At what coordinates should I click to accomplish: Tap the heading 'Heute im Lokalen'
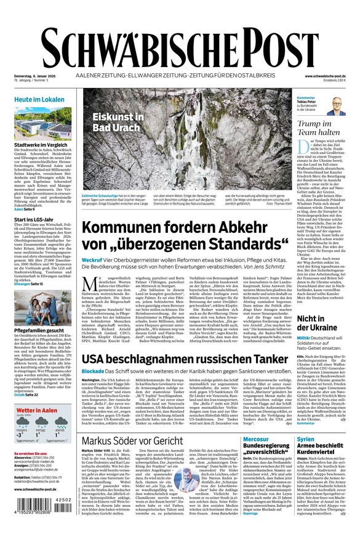(x=39, y=99)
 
